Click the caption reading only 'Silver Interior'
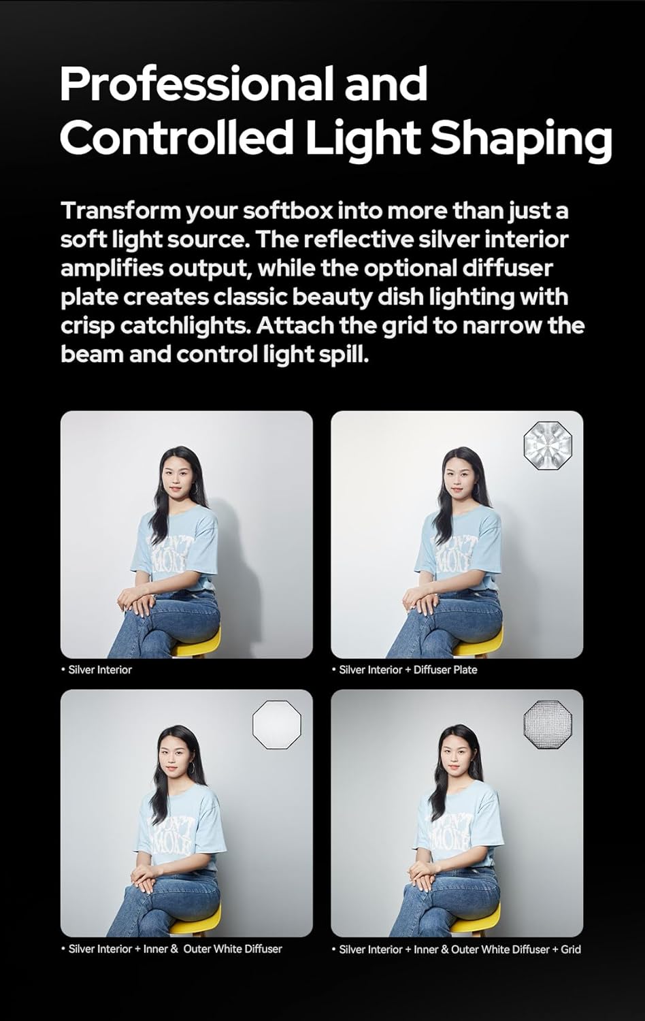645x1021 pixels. click(100, 670)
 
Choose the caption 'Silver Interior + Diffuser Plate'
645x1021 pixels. click(408, 670)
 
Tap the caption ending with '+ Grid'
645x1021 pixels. click(460, 949)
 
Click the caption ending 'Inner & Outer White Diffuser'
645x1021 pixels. click(175, 949)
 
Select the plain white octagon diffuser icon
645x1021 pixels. click(277, 724)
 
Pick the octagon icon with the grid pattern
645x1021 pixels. click(548, 724)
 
